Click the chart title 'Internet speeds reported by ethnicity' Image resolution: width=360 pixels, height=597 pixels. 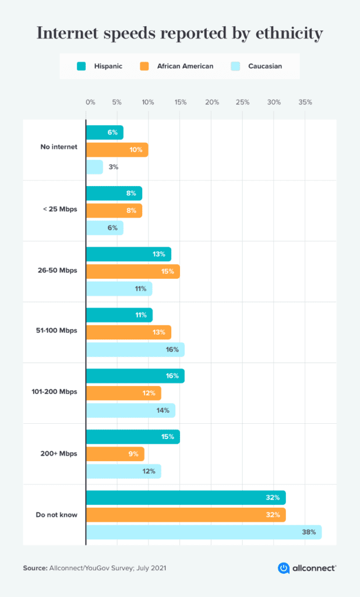(179, 33)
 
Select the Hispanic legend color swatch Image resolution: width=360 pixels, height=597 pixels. (82, 66)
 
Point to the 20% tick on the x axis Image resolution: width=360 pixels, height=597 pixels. (212, 102)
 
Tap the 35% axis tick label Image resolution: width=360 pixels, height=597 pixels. (305, 102)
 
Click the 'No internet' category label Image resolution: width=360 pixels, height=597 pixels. (59, 147)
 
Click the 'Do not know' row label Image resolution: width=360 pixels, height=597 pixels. (57, 515)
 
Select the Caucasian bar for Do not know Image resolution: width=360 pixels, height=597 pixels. (203, 532)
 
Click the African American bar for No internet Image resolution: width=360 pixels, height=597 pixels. (117, 150)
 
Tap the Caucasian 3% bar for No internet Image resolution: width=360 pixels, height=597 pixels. (94, 167)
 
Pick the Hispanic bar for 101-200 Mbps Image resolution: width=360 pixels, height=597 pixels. (135, 376)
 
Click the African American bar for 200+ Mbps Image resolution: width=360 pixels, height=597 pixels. (115, 454)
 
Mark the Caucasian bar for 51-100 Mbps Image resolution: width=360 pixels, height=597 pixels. (135, 349)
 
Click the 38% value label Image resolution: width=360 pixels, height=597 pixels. (309, 532)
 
